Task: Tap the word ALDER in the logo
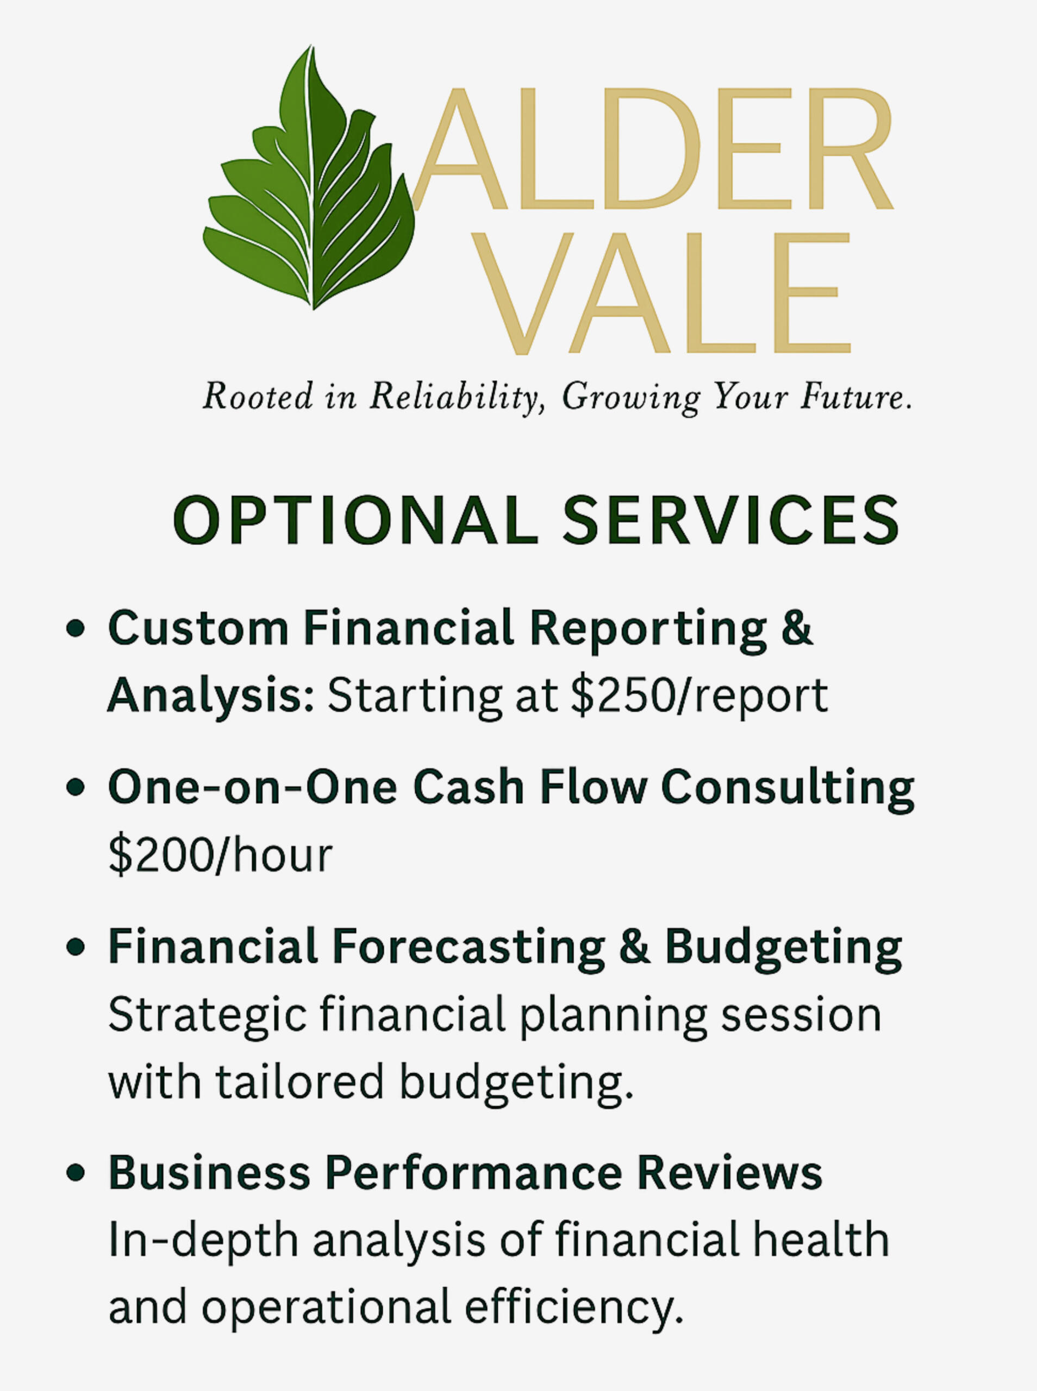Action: [x=653, y=149]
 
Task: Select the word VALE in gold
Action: [x=660, y=293]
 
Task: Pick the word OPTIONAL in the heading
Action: [x=355, y=520]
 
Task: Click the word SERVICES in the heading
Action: [x=730, y=520]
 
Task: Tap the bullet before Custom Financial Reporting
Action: [x=76, y=628]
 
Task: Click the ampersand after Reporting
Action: [x=797, y=627]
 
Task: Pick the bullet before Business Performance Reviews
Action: [x=76, y=1171]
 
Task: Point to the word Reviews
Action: [x=730, y=1171]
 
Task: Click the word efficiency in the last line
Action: [x=574, y=1306]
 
